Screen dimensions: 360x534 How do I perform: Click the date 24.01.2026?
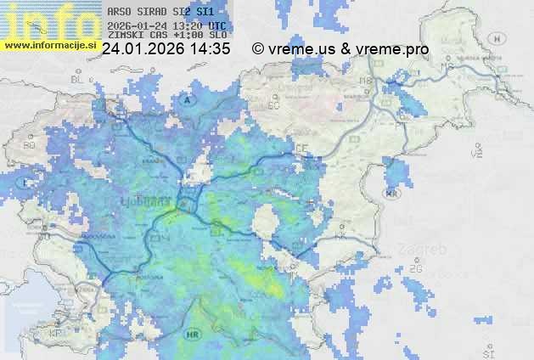click(x=143, y=49)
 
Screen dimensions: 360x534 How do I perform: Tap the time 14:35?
click(x=211, y=49)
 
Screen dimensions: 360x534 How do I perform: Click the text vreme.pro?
click(x=394, y=49)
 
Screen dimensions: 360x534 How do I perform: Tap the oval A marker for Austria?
click(x=188, y=100)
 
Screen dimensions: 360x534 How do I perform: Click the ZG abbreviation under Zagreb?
click(x=415, y=269)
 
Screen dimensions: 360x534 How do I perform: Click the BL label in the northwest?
click(x=78, y=78)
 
